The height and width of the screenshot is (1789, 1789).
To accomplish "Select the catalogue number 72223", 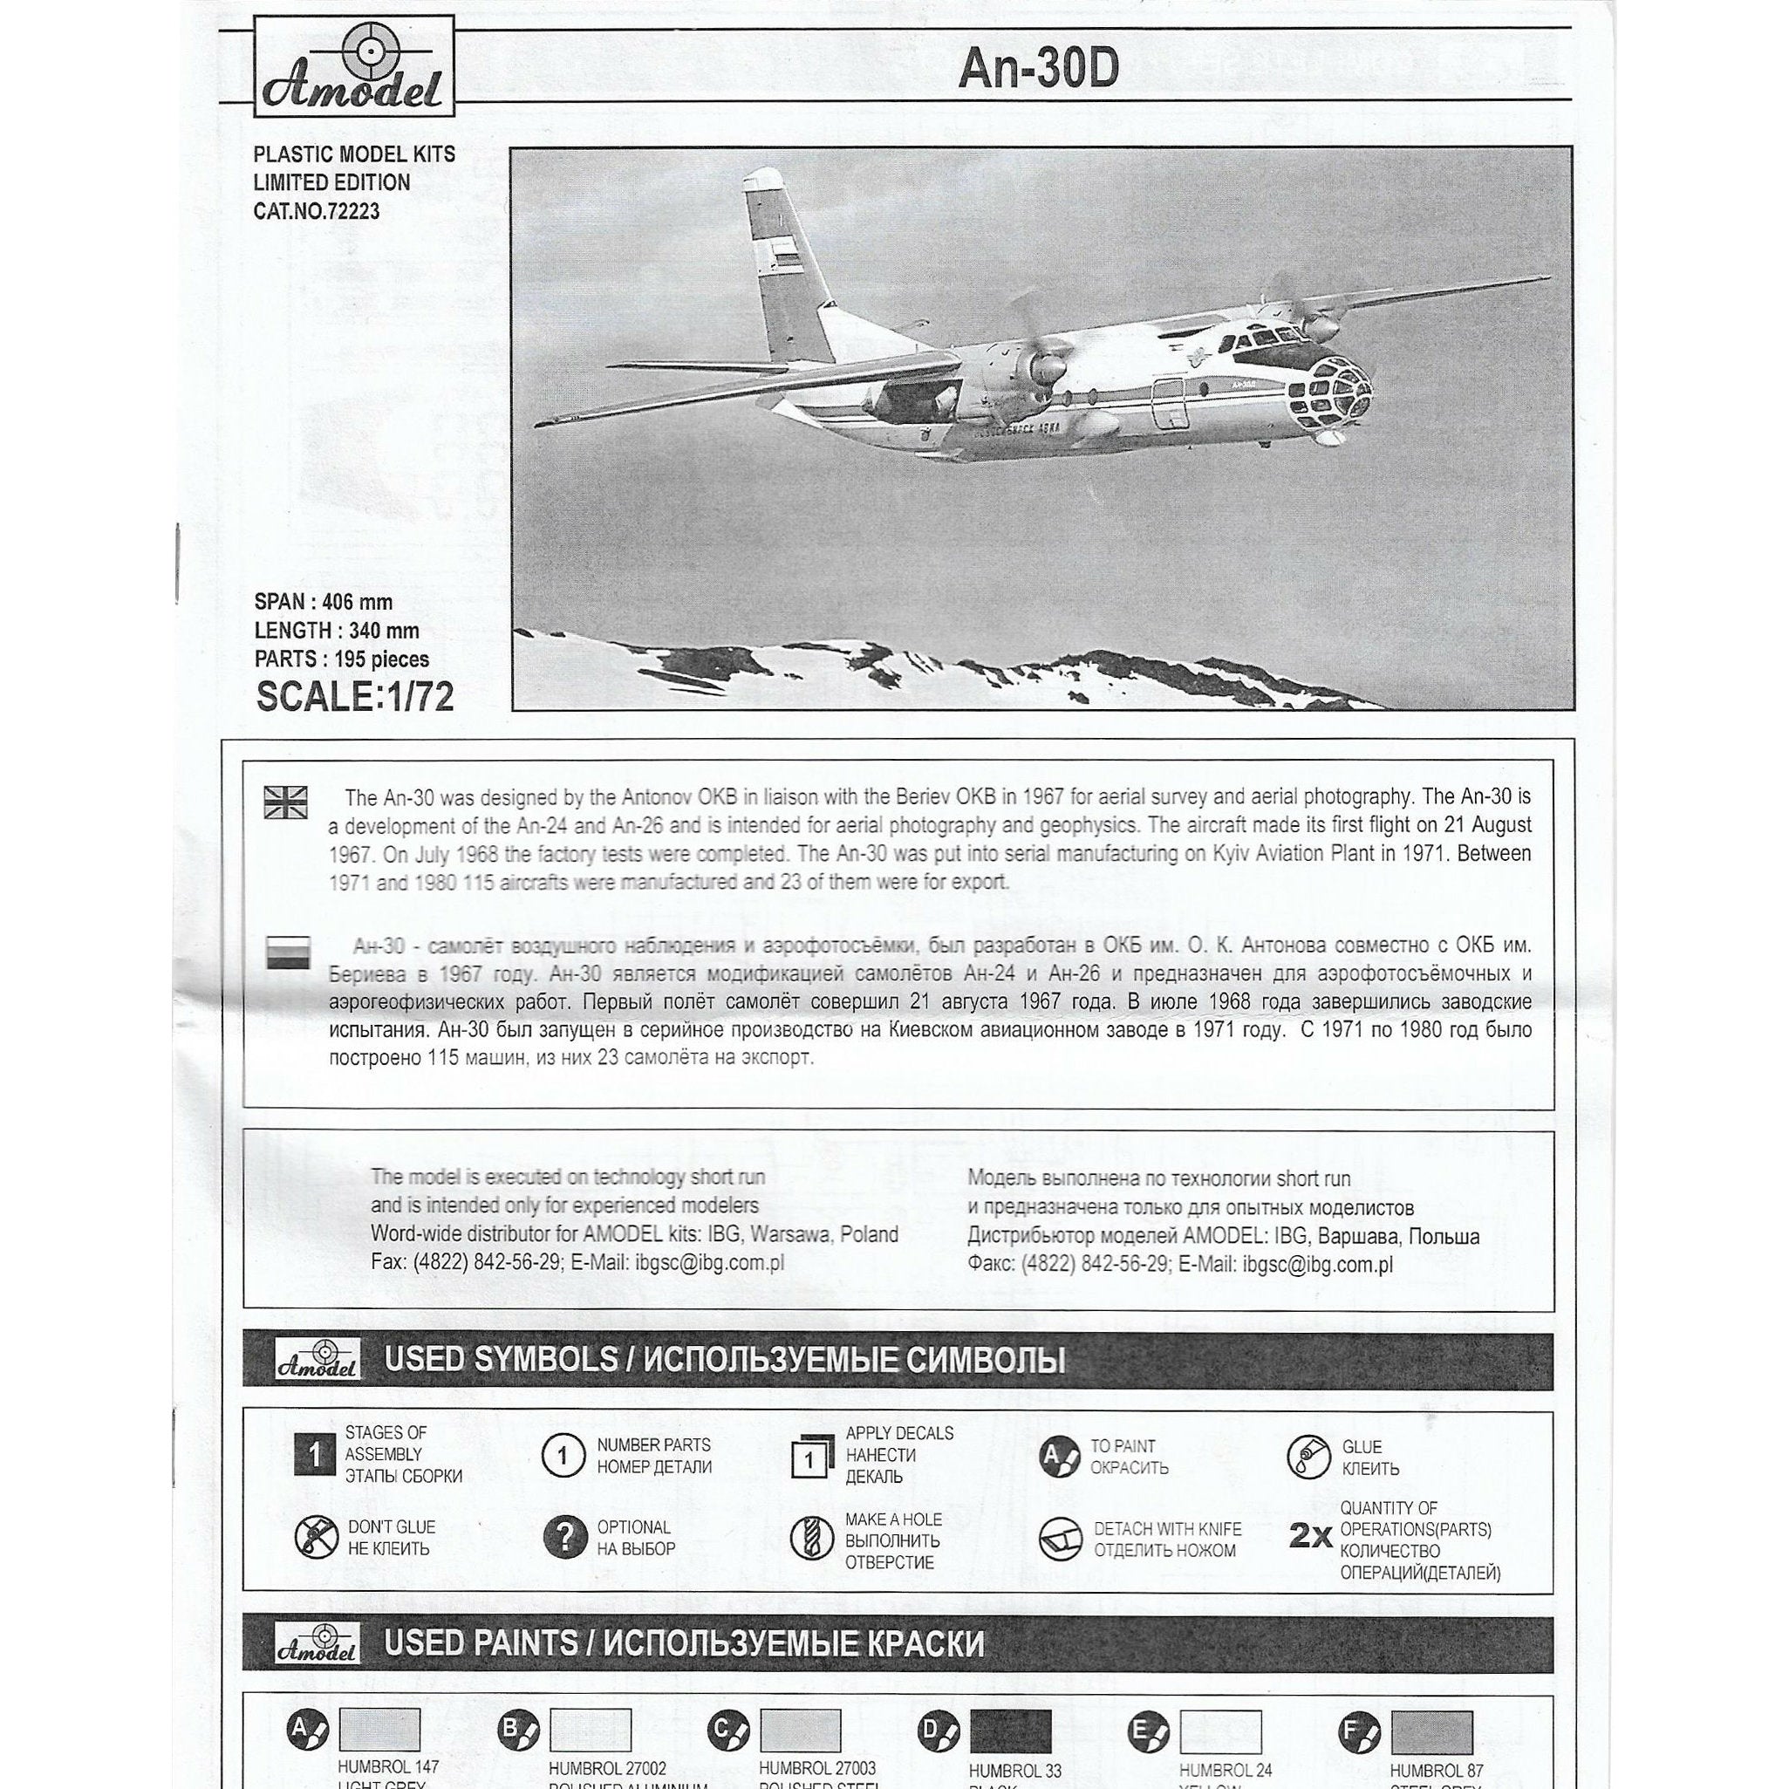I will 316,212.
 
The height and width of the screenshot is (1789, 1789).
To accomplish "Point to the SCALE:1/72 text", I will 355,697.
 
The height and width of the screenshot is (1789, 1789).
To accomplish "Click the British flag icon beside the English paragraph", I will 286,802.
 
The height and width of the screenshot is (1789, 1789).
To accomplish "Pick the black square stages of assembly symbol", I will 313,1456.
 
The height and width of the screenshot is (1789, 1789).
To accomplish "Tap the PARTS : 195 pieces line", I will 342,659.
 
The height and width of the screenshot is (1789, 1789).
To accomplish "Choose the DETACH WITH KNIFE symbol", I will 1062,1538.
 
